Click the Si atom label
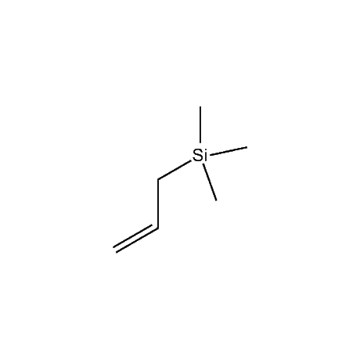[200, 156]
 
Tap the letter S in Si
[197, 156]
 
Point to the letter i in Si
[206, 156]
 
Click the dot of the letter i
[206, 151]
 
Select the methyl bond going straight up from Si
[200, 125]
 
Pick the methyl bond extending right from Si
[229, 152]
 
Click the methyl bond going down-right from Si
[210, 182]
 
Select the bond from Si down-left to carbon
[175, 171]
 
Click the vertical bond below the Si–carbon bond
[158, 203]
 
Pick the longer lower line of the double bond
[137, 240]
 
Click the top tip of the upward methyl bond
[200, 106]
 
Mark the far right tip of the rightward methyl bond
[247, 147]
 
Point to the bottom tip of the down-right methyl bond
[217, 200]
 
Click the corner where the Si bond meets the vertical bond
[158, 179]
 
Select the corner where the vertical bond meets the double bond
[158, 229]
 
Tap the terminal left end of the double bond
[115, 250]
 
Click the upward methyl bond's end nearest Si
[200, 143]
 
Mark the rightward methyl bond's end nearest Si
[211, 156]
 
